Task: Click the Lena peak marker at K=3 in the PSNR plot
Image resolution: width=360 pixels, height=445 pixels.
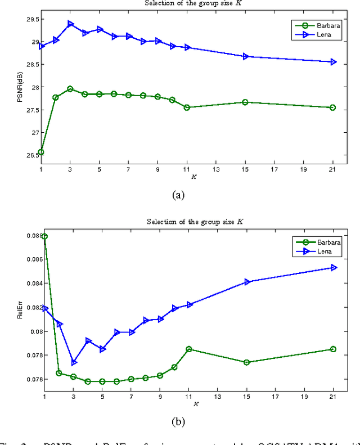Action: coord(70,24)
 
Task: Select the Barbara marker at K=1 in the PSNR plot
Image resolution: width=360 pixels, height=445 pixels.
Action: coord(41,152)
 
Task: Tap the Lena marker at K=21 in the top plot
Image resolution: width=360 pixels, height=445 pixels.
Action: coord(333,62)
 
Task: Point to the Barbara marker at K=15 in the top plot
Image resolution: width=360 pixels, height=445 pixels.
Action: coord(245,102)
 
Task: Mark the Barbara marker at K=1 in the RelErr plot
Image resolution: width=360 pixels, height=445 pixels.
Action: coord(44,236)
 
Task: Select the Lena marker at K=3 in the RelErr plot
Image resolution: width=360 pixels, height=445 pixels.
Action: coord(74,362)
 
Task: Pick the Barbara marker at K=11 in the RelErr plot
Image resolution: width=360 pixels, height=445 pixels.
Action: coord(189,349)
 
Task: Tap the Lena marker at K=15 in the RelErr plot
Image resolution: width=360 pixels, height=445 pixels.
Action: coord(247,282)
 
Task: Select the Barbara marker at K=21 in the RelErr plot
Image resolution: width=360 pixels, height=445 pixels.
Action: coord(333,349)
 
